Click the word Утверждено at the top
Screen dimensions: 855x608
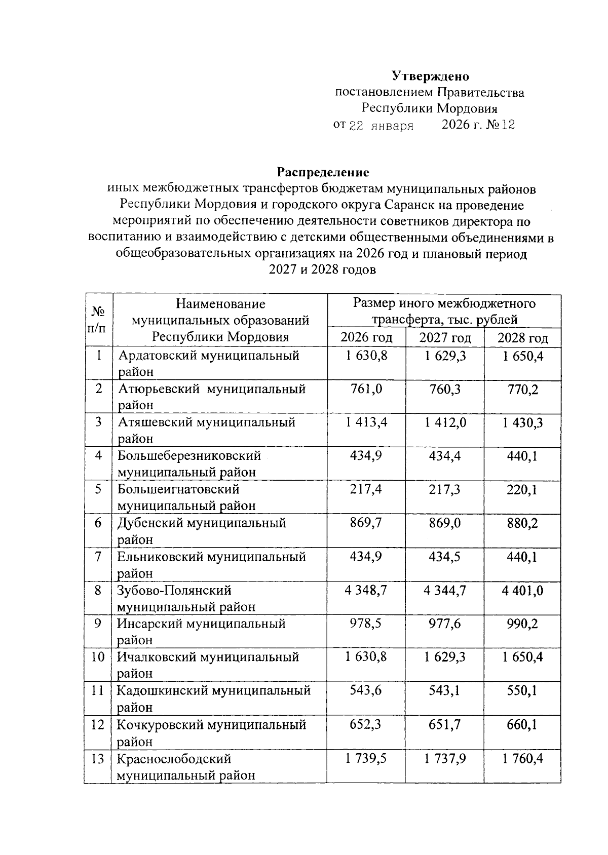point(431,76)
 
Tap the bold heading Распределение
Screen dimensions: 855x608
point(323,172)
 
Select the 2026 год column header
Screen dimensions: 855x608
point(366,337)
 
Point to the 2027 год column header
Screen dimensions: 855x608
point(445,337)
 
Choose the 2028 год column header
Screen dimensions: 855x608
point(522,337)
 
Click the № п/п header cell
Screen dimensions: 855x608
point(98,319)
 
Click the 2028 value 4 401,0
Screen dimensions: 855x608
point(522,590)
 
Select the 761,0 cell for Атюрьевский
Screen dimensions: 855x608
point(366,389)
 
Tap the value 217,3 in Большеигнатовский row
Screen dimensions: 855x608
point(445,489)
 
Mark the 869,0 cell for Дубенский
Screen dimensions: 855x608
point(445,523)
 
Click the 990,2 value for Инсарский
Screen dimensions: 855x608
point(522,624)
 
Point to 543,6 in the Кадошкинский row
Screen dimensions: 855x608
point(366,690)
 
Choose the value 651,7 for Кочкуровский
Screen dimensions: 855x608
point(445,724)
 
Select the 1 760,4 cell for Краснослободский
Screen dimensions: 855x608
point(522,759)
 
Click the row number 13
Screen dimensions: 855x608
point(98,759)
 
